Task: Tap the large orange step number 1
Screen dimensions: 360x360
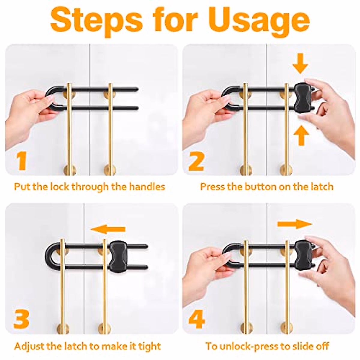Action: pyautogui.click(x=21, y=161)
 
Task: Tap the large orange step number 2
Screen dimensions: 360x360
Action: pyautogui.click(x=196, y=161)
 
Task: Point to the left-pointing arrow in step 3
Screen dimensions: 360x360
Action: pyautogui.click(x=108, y=229)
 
